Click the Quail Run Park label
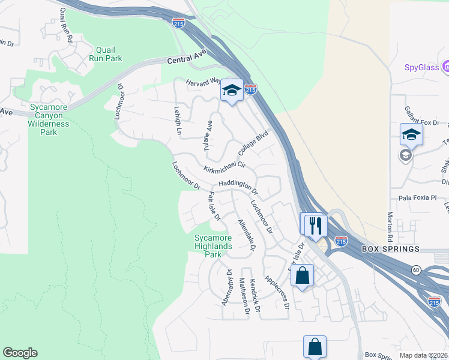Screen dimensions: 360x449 105,54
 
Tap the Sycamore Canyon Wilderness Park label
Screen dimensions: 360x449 49,119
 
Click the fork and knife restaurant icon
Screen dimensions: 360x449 315,226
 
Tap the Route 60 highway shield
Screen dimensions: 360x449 416,271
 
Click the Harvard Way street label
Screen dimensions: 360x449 203,82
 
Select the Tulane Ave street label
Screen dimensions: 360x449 208,136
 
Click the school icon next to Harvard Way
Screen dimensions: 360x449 231,91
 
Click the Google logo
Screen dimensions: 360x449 20,353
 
